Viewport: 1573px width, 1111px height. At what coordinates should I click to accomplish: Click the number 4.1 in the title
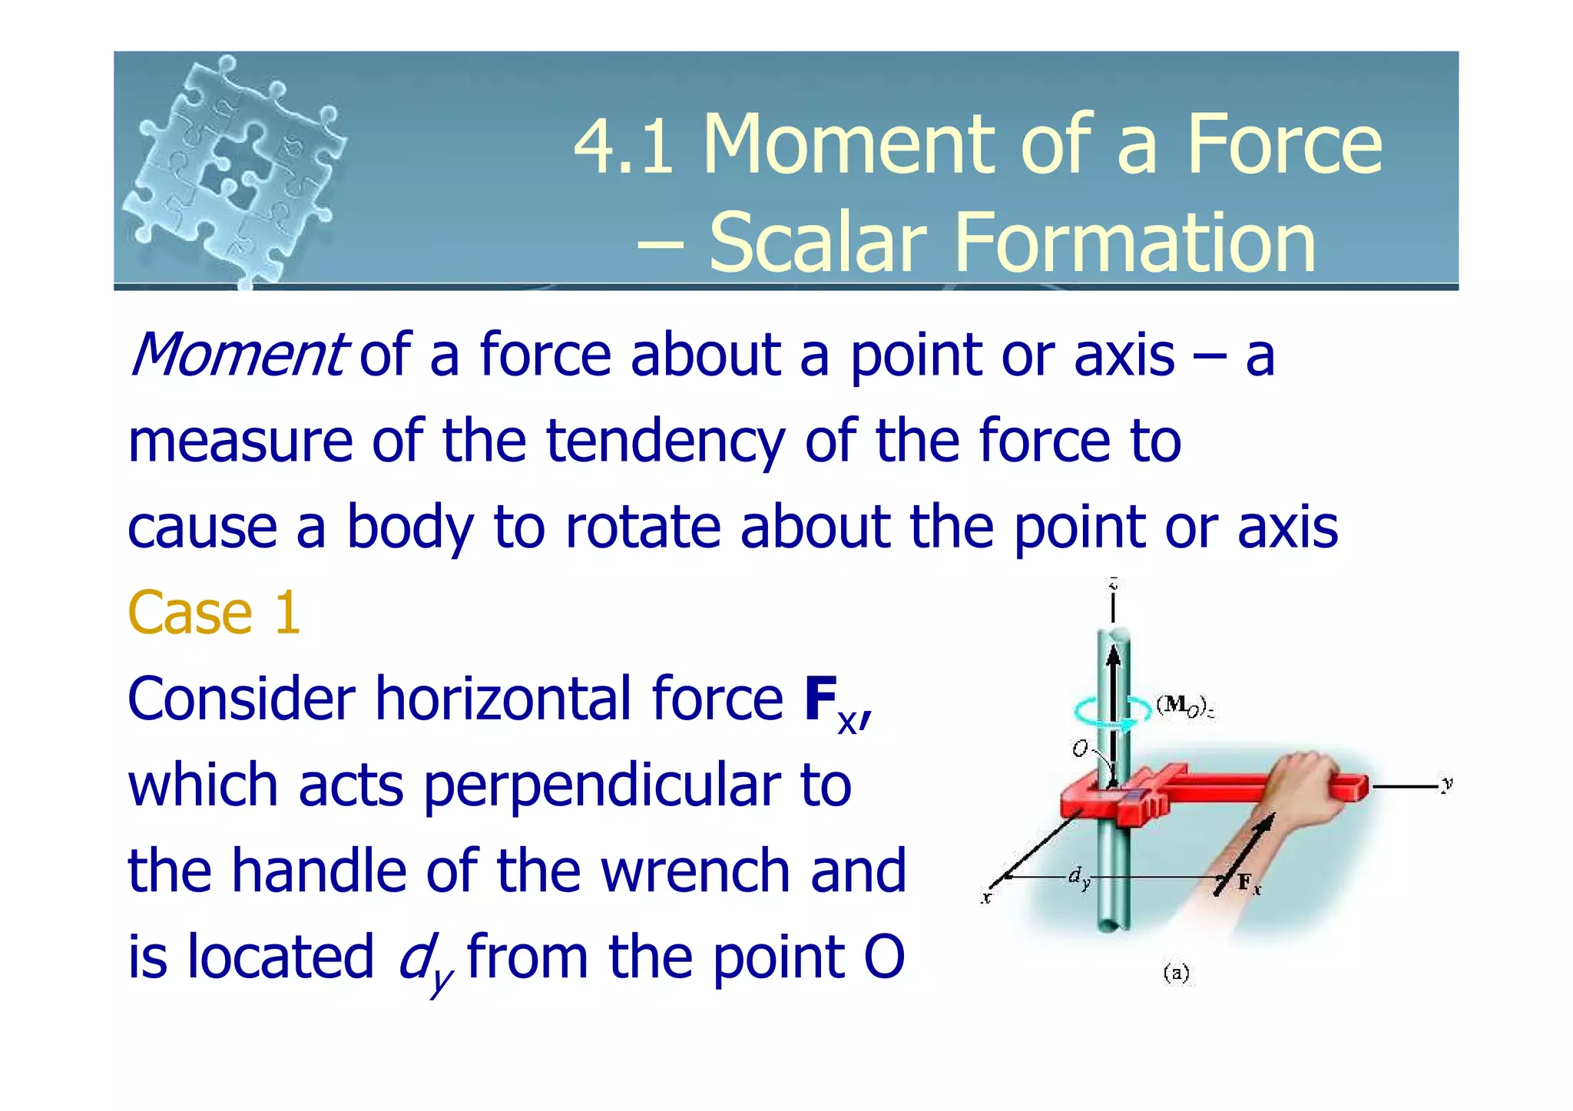(x=624, y=146)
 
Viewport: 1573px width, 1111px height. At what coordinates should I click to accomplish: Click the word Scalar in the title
(x=817, y=243)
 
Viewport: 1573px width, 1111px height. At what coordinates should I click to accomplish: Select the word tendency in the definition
(x=665, y=441)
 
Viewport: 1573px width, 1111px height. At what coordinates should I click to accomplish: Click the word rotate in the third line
(x=642, y=527)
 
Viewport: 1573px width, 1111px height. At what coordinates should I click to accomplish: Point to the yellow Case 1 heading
(x=214, y=613)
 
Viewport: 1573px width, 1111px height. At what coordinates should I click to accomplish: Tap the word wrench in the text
(x=695, y=871)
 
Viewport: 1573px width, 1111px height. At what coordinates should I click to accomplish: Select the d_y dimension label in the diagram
(x=1079, y=877)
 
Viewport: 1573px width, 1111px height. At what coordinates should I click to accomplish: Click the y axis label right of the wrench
(x=1447, y=784)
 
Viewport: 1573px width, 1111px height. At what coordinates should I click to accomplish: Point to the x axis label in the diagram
(x=987, y=896)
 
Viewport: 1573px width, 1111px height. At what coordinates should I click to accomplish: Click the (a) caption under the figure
(x=1177, y=974)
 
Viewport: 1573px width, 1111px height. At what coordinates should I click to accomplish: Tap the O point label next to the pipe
(x=1080, y=749)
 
